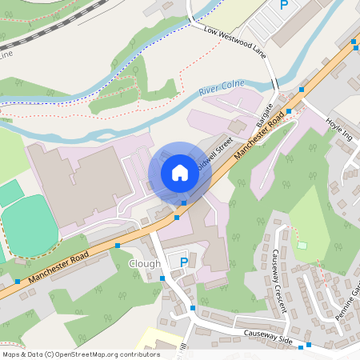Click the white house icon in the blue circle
(179, 173)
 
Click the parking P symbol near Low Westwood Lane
(283, 5)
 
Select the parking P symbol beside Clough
(183, 262)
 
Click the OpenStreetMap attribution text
(80, 354)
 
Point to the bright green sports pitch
(29, 227)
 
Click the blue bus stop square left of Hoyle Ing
(302, 90)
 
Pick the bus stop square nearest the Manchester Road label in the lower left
(18, 282)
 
